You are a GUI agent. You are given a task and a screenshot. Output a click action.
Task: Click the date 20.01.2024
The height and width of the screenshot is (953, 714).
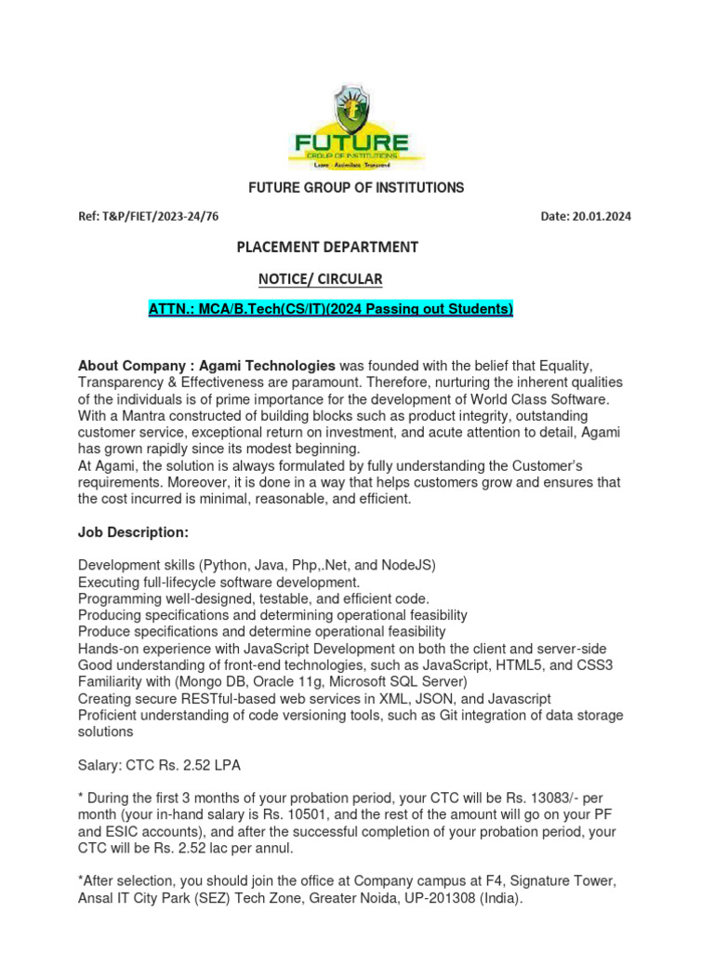click(602, 217)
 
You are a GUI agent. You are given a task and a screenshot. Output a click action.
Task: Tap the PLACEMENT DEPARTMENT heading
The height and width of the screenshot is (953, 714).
click(327, 247)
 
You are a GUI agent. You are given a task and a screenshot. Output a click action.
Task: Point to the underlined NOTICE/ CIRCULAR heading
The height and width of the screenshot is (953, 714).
click(320, 278)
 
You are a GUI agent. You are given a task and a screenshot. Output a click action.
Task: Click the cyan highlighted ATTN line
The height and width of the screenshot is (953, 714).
click(331, 309)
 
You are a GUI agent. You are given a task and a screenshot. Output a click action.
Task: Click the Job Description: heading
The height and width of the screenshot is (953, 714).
click(133, 532)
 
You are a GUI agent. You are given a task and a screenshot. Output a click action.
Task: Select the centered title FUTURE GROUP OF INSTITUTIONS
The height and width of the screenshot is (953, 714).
click(356, 188)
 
